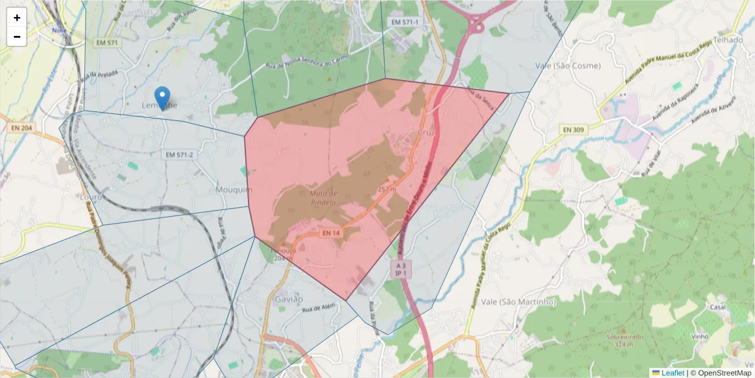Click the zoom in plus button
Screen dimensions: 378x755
coord(17,18)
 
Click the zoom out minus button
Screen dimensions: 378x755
coord(17,37)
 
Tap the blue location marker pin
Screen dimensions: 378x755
coord(162,98)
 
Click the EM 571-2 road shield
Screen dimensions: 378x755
coord(179,155)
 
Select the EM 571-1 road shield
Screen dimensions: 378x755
coord(405,23)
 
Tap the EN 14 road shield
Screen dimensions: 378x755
coord(331,233)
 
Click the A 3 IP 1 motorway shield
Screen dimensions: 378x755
coord(401,270)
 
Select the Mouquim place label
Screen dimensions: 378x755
coord(234,190)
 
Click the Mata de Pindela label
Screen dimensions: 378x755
coord(324,198)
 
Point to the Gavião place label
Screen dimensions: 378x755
coord(289,299)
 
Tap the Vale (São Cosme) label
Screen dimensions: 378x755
coord(568,66)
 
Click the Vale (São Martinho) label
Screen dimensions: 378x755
coord(518,302)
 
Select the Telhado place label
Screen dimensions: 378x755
coord(729,39)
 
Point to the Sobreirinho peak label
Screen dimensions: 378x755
coord(624,337)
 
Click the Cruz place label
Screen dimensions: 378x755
coord(426,133)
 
